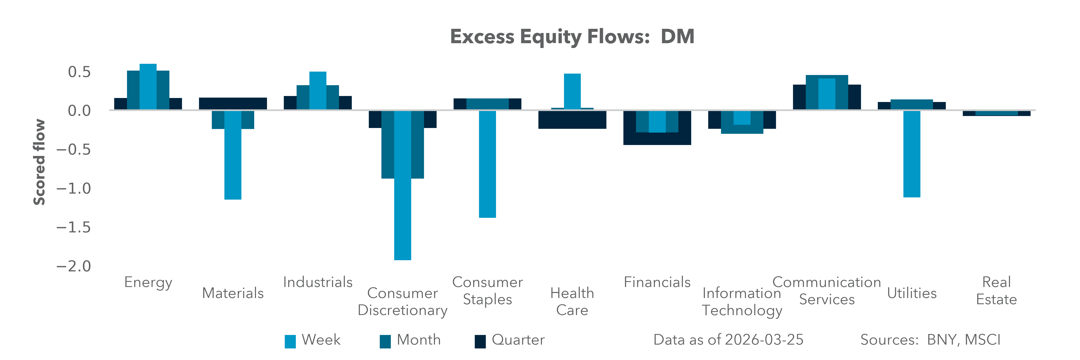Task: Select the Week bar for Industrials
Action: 318,91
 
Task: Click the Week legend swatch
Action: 290,341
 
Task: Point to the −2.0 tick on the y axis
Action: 73,266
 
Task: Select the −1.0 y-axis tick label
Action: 73,189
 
